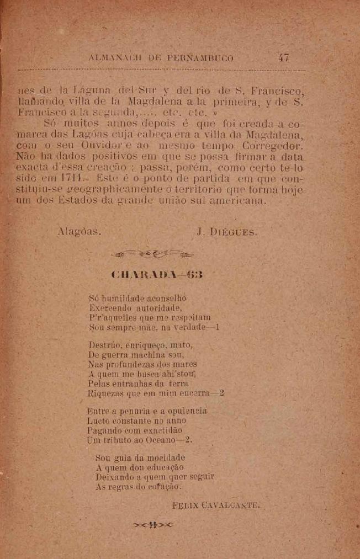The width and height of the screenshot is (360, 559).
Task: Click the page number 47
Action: click(x=284, y=57)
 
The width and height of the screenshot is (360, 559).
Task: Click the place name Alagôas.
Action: click(x=80, y=232)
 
